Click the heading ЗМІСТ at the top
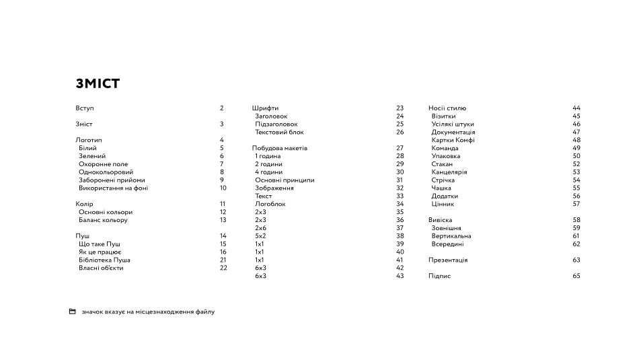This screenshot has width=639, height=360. [98, 83]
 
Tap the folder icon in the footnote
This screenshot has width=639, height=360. [72, 312]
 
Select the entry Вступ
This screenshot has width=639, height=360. [85, 108]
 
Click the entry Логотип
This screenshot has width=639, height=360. [89, 140]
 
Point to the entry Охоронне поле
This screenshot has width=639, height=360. [103, 164]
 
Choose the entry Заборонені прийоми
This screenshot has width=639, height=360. [112, 180]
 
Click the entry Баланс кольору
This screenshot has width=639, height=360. [103, 220]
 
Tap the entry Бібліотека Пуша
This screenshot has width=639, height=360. [104, 260]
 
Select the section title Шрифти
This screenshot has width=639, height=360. [265, 108]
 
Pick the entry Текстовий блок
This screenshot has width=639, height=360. [279, 133]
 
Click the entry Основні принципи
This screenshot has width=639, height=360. [285, 180]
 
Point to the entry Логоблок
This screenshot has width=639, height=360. [270, 204]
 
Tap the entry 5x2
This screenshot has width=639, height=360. [260, 236]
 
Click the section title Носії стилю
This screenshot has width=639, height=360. [447, 108]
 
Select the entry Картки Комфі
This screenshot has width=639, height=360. [453, 140]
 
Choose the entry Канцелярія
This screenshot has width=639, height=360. [449, 172]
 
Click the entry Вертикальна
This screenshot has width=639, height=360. [451, 236]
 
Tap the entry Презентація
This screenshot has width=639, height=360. [448, 260]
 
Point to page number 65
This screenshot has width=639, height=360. [576, 276]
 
